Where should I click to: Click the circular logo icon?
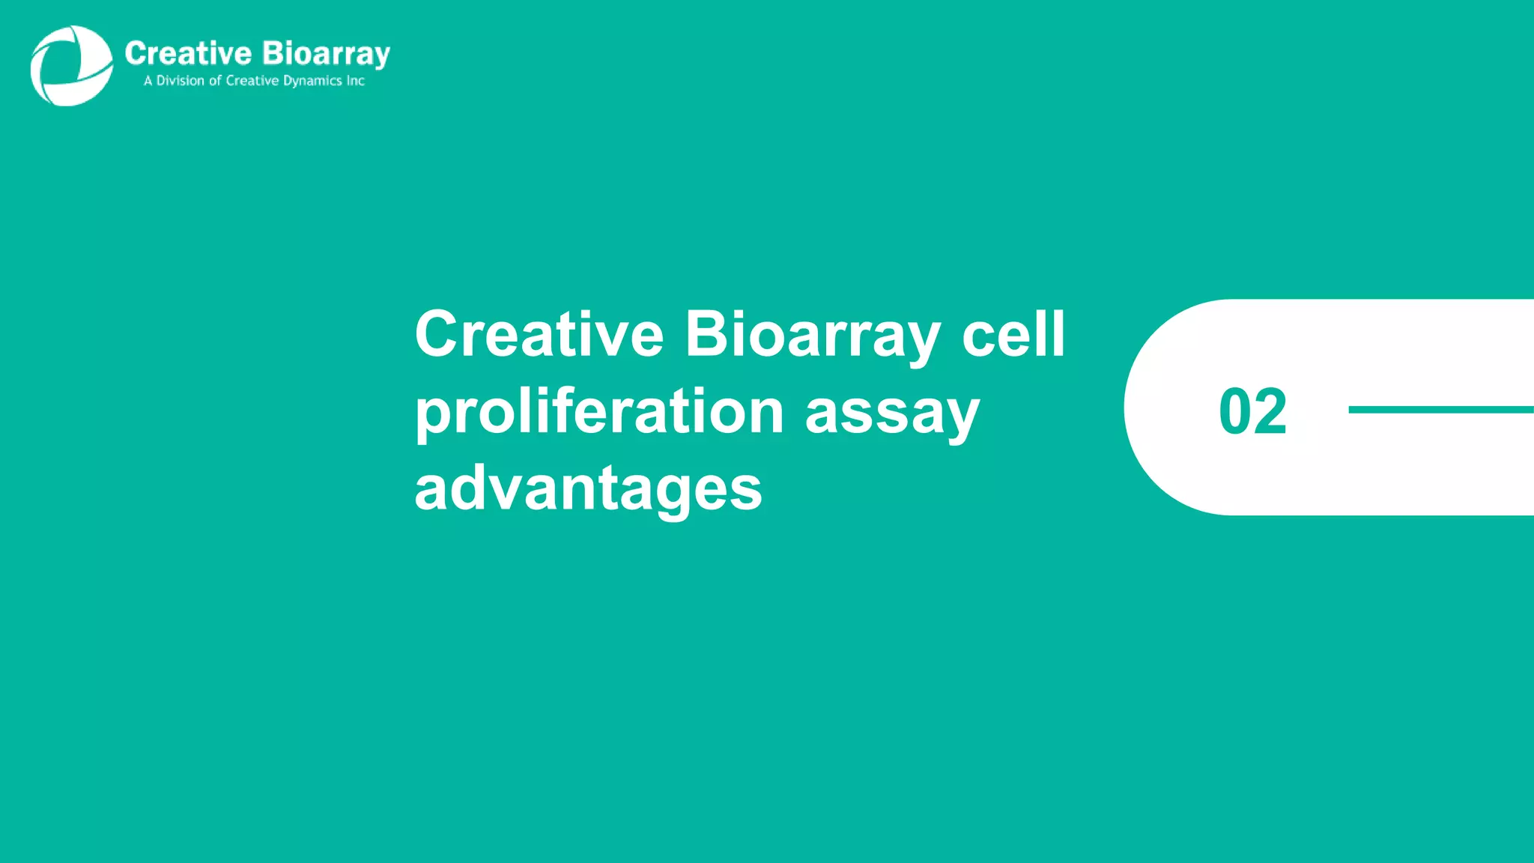(71, 66)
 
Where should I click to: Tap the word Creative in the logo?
(188, 54)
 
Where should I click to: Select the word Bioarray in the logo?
(326, 55)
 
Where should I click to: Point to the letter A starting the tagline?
(148, 81)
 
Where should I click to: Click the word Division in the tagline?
(180, 81)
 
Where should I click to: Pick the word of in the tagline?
(215, 81)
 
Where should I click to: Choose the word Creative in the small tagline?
(252, 81)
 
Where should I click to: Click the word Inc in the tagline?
(356, 81)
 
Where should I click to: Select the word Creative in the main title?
(539, 334)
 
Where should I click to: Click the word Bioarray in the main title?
(813, 336)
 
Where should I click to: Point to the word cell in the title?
(1013, 334)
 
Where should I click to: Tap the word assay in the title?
(892, 414)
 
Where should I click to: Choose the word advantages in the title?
(588, 489)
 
